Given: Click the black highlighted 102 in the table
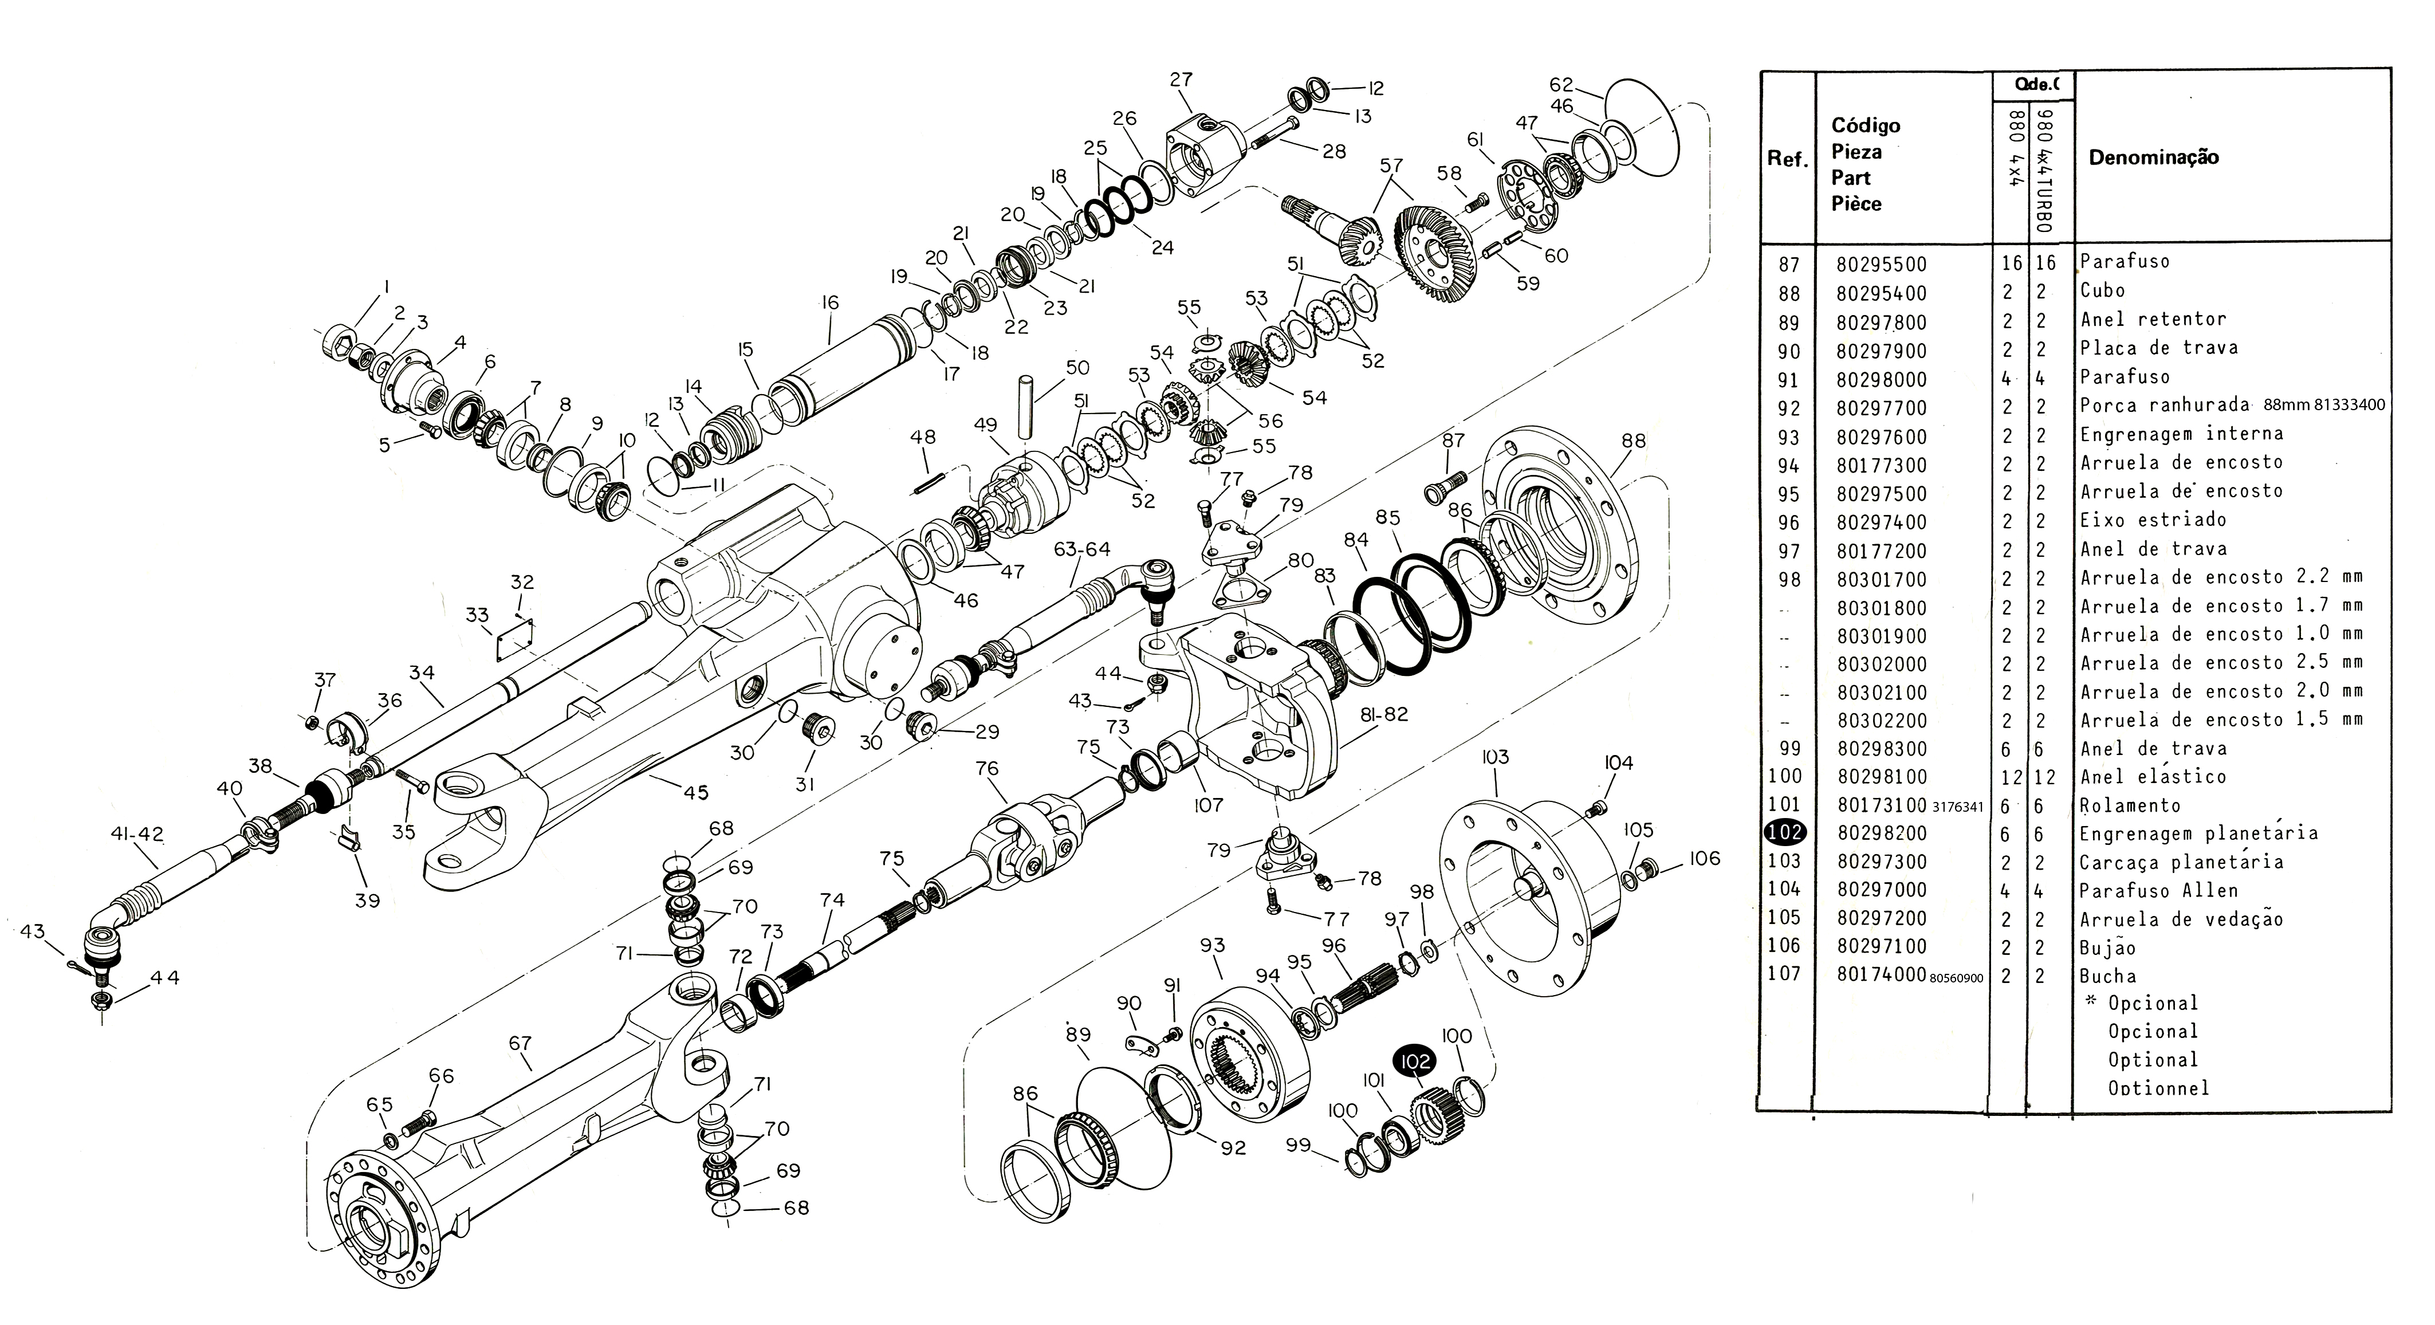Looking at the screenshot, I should tap(1784, 832).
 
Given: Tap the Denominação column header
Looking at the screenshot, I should tap(2153, 158).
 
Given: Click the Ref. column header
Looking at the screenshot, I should tap(1787, 159).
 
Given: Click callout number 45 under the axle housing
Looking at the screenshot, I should tap(696, 792).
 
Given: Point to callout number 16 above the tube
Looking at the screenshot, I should tap(830, 302).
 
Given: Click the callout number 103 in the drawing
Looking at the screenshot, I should tap(1496, 757).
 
